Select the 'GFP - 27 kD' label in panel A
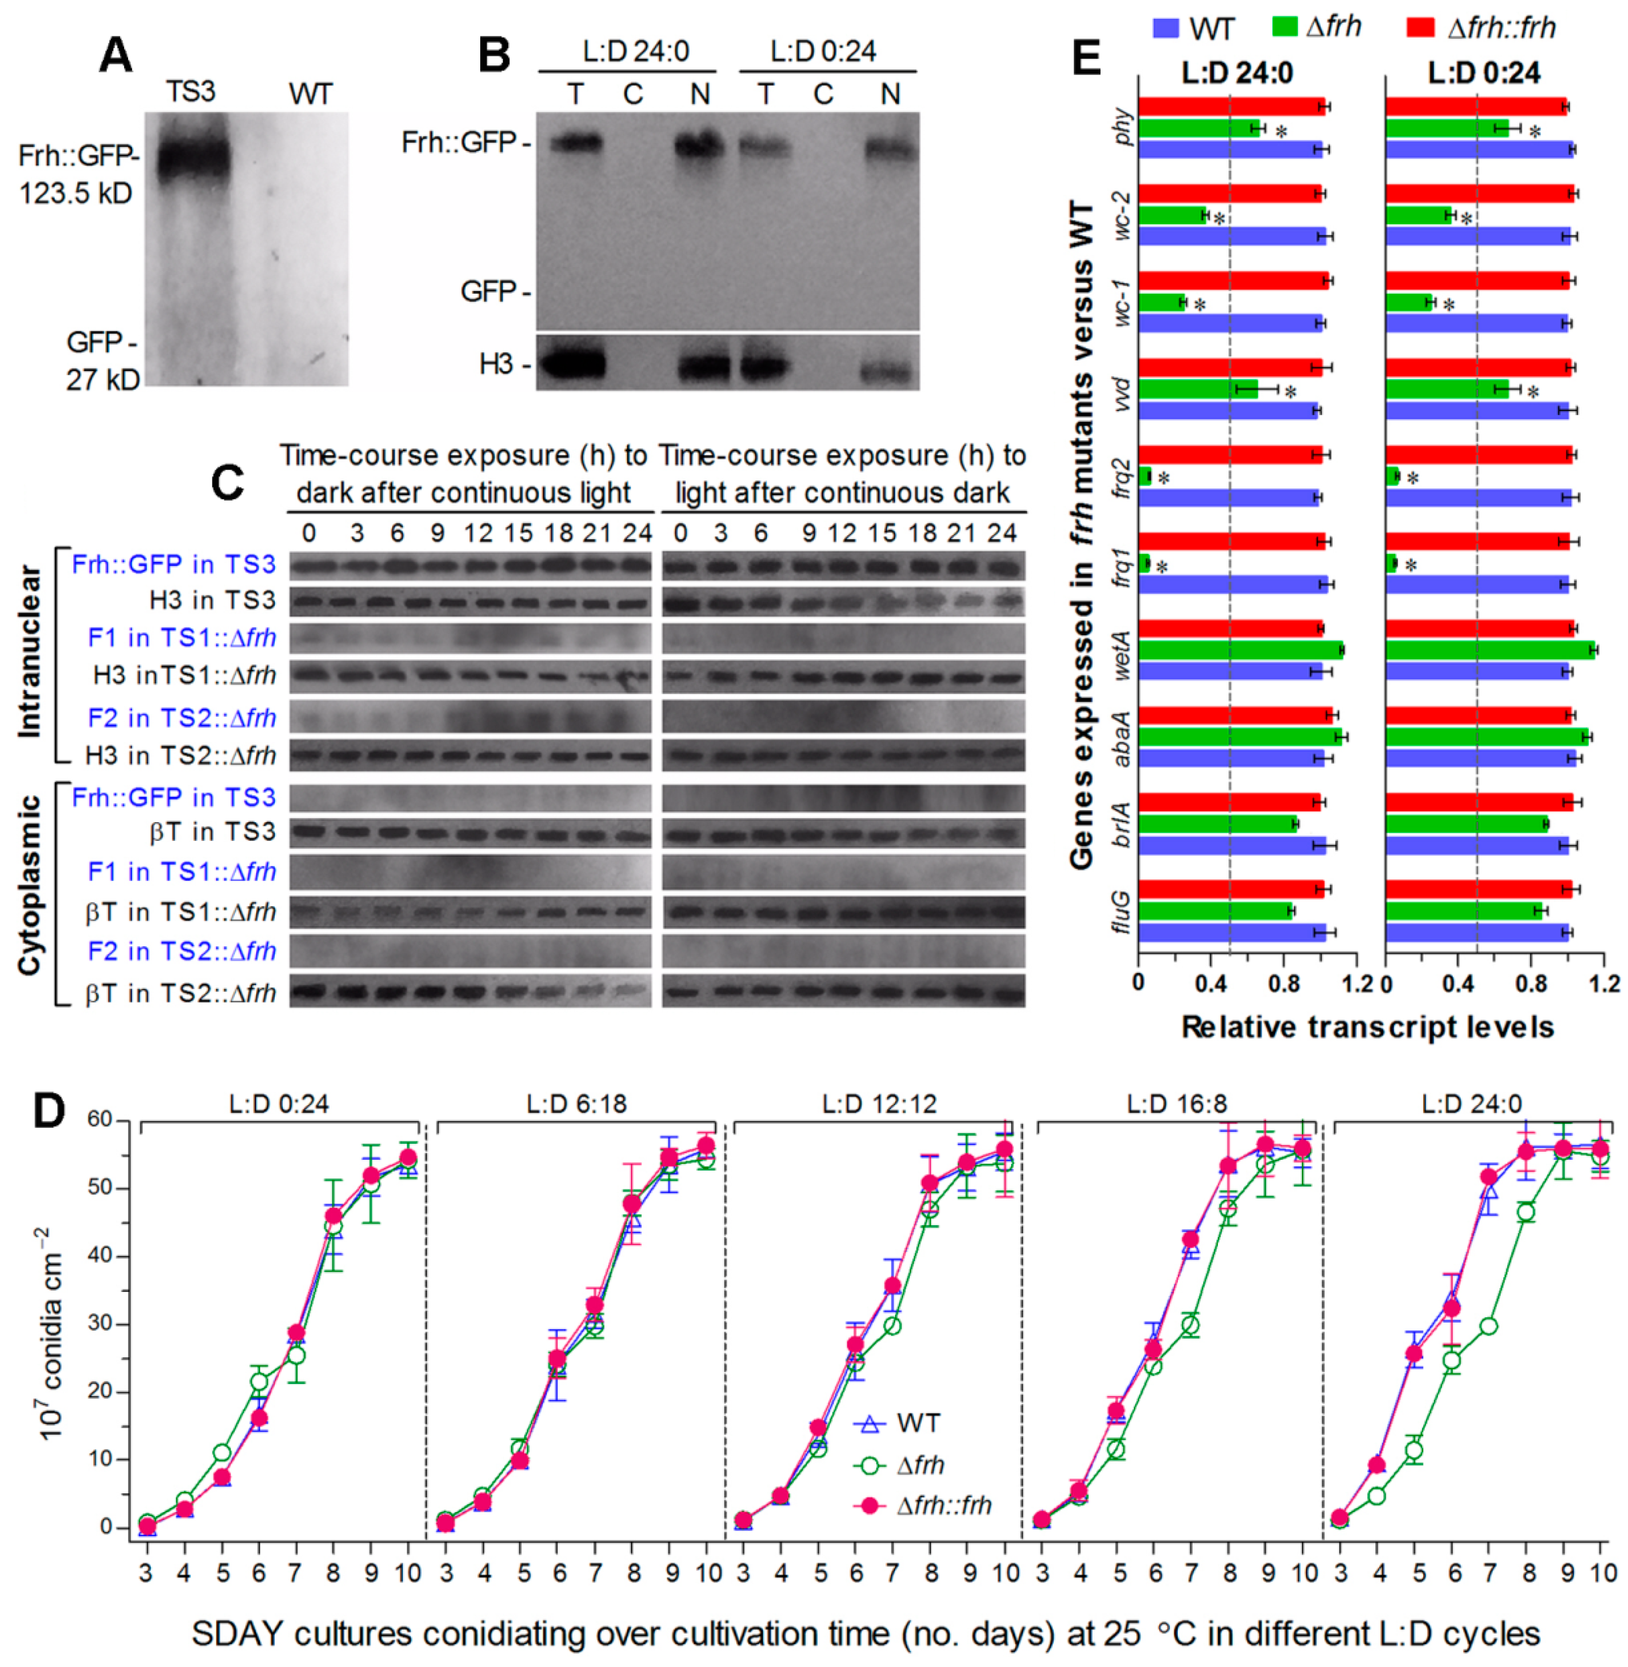point(102,360)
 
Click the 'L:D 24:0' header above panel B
point(628,53)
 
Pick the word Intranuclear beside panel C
point(30,650)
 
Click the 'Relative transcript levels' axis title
point(1367,1027)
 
